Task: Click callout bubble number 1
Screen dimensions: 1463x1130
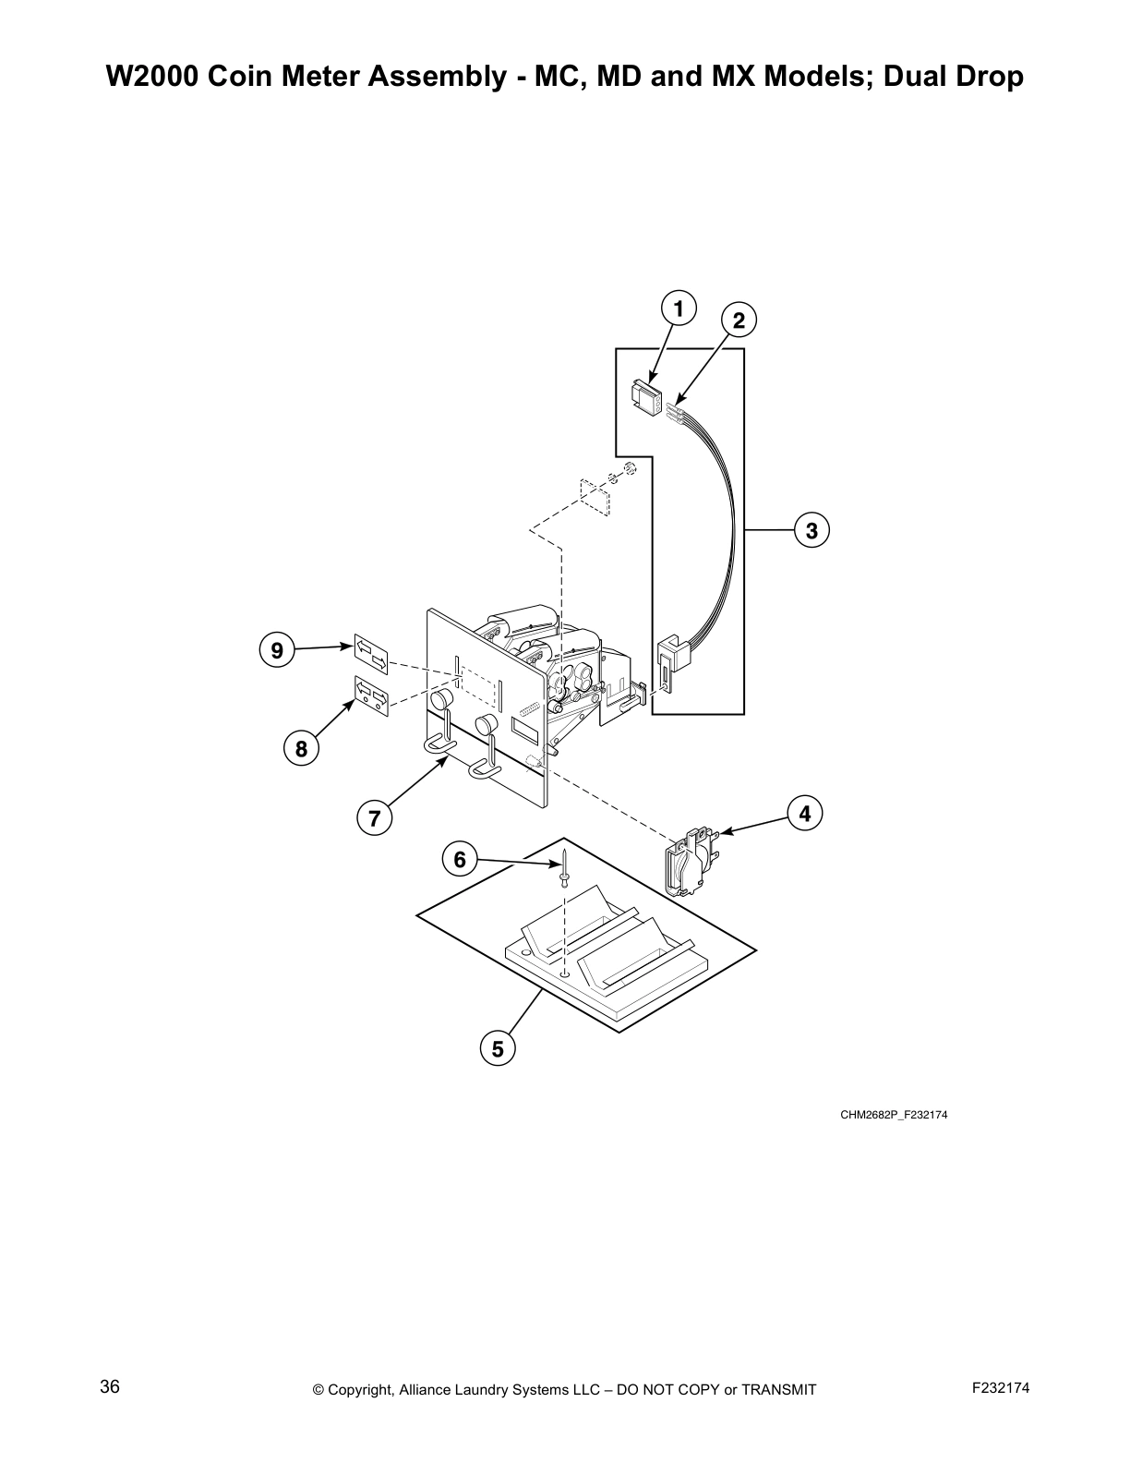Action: pos(679,308)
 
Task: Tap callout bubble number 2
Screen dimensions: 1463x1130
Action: pos(739,320)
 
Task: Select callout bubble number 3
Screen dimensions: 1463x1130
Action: pos(811,531)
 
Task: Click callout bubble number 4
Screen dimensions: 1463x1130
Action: pos(805,814)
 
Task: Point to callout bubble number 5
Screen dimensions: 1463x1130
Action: pos(498,1049)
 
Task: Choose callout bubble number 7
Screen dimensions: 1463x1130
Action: pos(375,818)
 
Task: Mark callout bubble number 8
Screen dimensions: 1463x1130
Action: pos(302,749)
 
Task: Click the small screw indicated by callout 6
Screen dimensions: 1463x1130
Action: pos(563,868)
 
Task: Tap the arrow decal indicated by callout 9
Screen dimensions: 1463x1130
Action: pos(371,654)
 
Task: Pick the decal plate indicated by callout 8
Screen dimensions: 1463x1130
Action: pos(371,695)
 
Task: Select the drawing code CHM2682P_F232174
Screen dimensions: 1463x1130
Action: pos(893,1115)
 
